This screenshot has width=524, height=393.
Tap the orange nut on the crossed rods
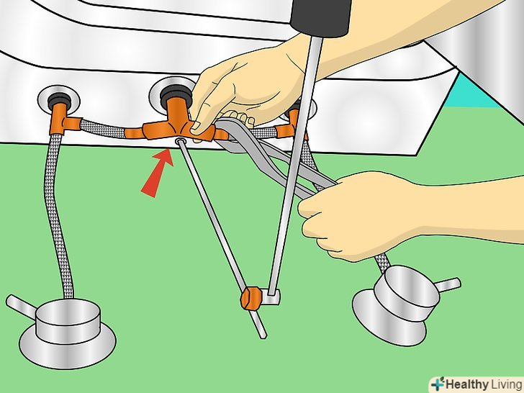point(251,298)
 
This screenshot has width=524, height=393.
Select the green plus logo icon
point(438,384)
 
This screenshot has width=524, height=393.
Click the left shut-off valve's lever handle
point(21,305)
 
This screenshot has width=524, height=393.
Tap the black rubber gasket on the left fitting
point(58,99)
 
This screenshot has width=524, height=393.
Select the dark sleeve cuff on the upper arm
point(320,17)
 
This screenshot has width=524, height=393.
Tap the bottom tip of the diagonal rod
point(263,336)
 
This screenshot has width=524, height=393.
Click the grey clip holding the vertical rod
point(271,297)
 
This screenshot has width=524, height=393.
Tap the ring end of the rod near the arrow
point(180,142)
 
